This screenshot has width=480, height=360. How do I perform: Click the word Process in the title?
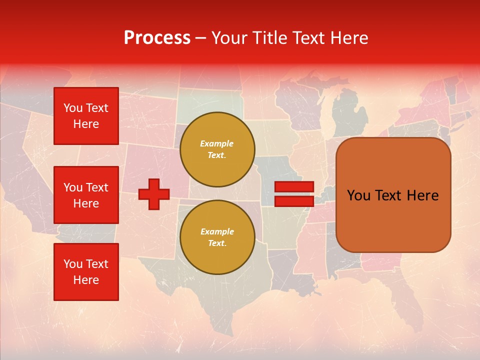(x=157, y=38)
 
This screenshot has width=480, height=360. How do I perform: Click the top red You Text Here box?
(x=86, y=116)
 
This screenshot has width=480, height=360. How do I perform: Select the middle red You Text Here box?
(x=86, y=195)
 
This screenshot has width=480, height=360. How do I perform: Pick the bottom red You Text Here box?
(x=86, y=272)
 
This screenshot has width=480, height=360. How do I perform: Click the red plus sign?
(x=154, y=194)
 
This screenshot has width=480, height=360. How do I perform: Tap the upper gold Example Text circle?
(x=217, y=149)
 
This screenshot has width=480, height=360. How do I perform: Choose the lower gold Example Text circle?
(x=217, y=237)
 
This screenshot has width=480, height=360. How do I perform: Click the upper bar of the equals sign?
(x=294, y=186)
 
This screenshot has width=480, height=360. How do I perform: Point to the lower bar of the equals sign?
(x=294, y=201)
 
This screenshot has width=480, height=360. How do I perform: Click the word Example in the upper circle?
(x=217, y=143)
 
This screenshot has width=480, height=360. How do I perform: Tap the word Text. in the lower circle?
(x=217, y=243)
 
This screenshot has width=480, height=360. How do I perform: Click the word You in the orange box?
(x=358, y=195)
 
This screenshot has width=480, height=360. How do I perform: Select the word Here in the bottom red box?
(x=86, y=280)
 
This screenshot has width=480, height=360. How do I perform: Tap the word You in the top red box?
(x=73, y=108)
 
